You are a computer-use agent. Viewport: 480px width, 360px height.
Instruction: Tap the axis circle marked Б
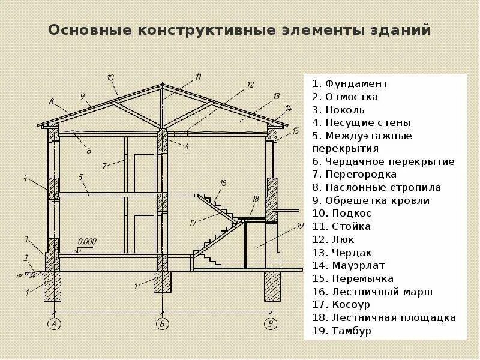[161, 324]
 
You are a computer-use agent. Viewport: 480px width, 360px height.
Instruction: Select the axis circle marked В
[271, 324]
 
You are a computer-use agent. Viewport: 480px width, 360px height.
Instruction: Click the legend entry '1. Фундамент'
[350, 84]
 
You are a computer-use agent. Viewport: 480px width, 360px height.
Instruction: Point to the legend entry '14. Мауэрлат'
[349, 266]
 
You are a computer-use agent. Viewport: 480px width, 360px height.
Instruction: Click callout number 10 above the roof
[110, 77]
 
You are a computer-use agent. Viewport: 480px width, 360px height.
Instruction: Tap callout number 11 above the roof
[197, 77]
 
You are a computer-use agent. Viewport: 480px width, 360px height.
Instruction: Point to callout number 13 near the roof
[276, 96]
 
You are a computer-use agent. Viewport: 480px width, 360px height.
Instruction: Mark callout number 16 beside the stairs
[223, 183]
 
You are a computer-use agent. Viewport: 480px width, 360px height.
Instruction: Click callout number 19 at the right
[300, 226]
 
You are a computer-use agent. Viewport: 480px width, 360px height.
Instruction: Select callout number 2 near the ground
[26, 258]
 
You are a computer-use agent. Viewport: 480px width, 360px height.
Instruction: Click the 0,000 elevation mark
[87, 241]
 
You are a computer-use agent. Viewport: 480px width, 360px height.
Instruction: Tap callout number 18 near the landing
[256, 199]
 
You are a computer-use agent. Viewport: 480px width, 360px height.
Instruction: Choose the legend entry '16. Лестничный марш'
[372, 292]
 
